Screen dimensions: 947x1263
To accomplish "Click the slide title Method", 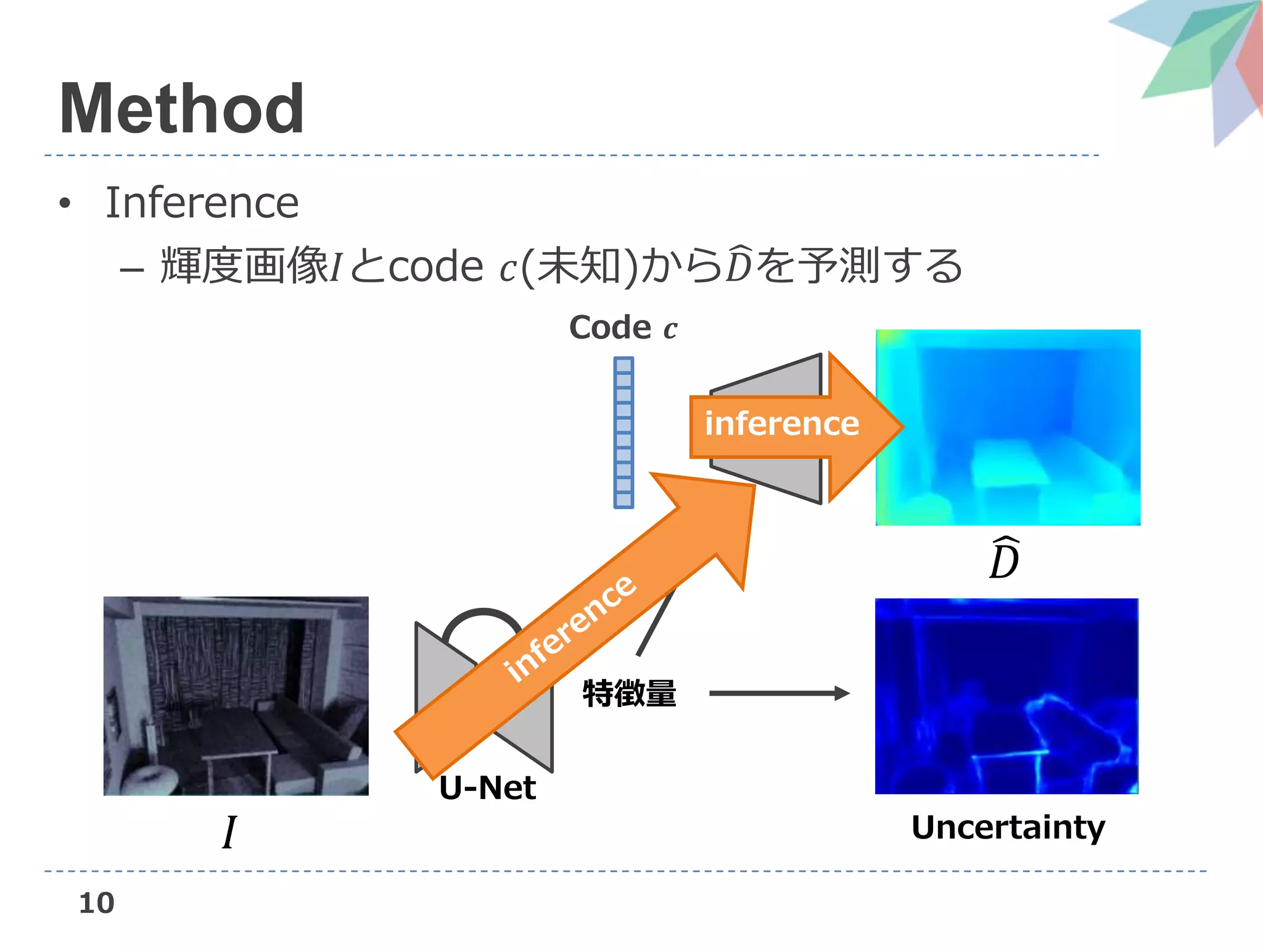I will pos(181,110).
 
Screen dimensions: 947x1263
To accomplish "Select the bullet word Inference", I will pos(202,203).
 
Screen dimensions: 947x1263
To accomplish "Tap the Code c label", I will pos(622,327).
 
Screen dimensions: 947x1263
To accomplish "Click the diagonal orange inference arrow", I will pos(574,623).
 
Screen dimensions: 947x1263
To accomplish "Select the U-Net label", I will pos(487,788).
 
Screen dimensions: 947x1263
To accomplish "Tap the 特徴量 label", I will pos(629,693).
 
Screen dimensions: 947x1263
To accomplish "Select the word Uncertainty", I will pos(1008,827).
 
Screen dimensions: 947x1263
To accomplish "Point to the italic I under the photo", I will pos(229,832).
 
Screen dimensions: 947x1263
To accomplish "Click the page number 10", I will pos(97,903).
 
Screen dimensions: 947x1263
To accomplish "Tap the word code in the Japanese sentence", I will pos(435,267).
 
